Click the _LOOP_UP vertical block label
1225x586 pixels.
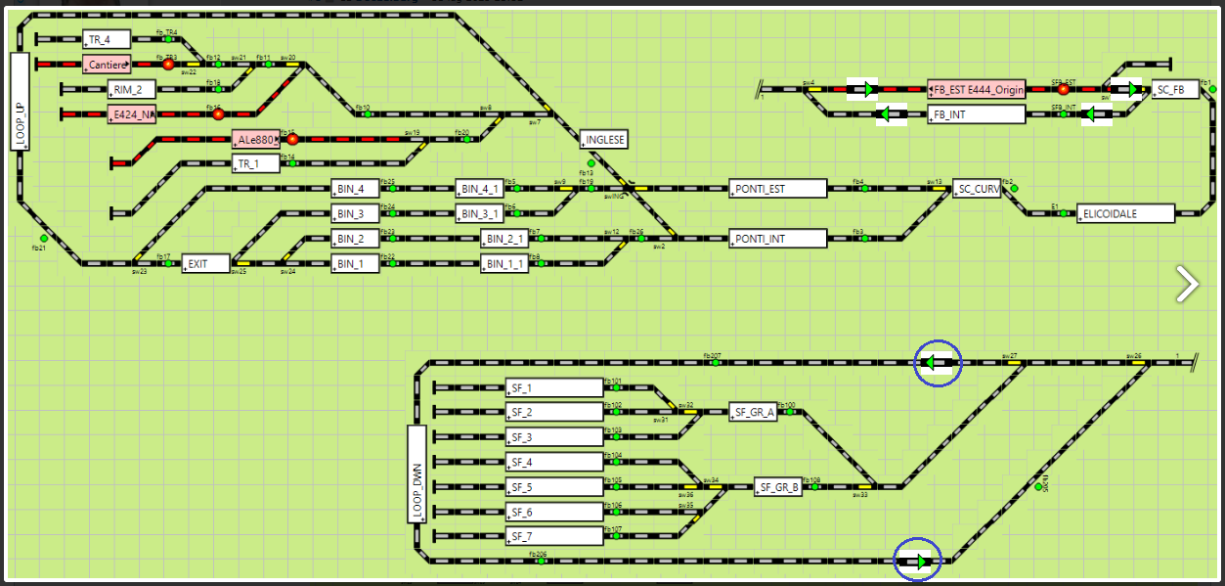[x=21, y=102]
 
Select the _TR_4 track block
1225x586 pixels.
[x=107, y=40]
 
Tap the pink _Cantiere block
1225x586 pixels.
[x=107, y=65]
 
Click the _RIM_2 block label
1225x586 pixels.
[x=132, y=90]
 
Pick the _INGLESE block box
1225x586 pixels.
[x=603, y=140]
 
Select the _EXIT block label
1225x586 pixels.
[x=205, y=263]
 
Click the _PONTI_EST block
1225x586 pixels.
[x=778, y=189]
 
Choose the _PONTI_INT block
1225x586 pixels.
[x=778, y=238]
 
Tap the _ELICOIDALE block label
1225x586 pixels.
[x=1124, y=213]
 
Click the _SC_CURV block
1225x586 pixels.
[x=978, y=189]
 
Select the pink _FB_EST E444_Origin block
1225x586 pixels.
[x=977, y=90]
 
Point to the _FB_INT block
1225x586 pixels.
[x=977, y=114]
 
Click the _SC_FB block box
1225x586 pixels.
[x=1174, y=90]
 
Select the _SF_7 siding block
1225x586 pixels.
[x=554, y=536]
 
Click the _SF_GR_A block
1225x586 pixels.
[x=753, y=412]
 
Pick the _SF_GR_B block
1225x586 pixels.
[x=777, y=486]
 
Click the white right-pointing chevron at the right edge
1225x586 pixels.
[x=1188, y=283]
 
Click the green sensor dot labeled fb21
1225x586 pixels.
[x=43, y=238]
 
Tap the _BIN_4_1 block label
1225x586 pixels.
[x=480, y=189]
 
